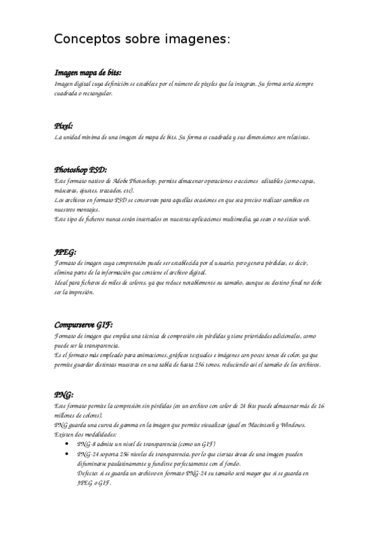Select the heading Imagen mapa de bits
(88, 73)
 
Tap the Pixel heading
(64, 126)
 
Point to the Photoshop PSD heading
(81, 170)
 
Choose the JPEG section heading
(66, 252)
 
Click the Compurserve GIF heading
(83, 325)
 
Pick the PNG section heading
(64, 394)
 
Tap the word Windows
(291, 425)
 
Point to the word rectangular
(97, 93)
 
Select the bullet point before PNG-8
(68, 444)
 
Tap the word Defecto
(89, 473)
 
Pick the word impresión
(79, 292)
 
